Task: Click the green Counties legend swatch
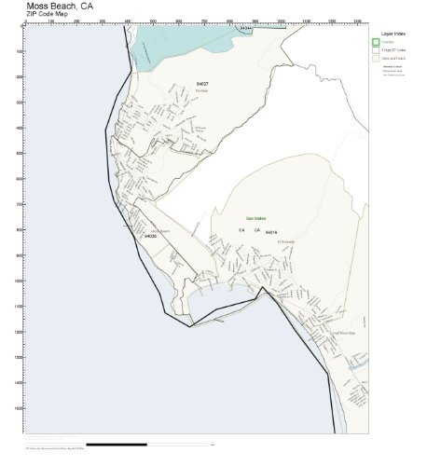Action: tap(375, 42)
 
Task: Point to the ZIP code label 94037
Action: tap(202, 84)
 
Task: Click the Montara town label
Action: tap(201, 90)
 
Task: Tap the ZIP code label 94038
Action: tap(150, 237)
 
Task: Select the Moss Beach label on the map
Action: tap(159, 230)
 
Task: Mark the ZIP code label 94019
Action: tap(271, 231)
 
